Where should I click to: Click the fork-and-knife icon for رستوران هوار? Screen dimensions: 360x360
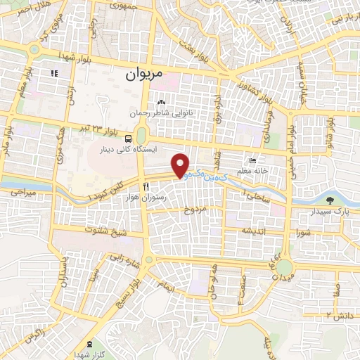146,186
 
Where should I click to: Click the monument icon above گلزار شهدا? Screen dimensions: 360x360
89,344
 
